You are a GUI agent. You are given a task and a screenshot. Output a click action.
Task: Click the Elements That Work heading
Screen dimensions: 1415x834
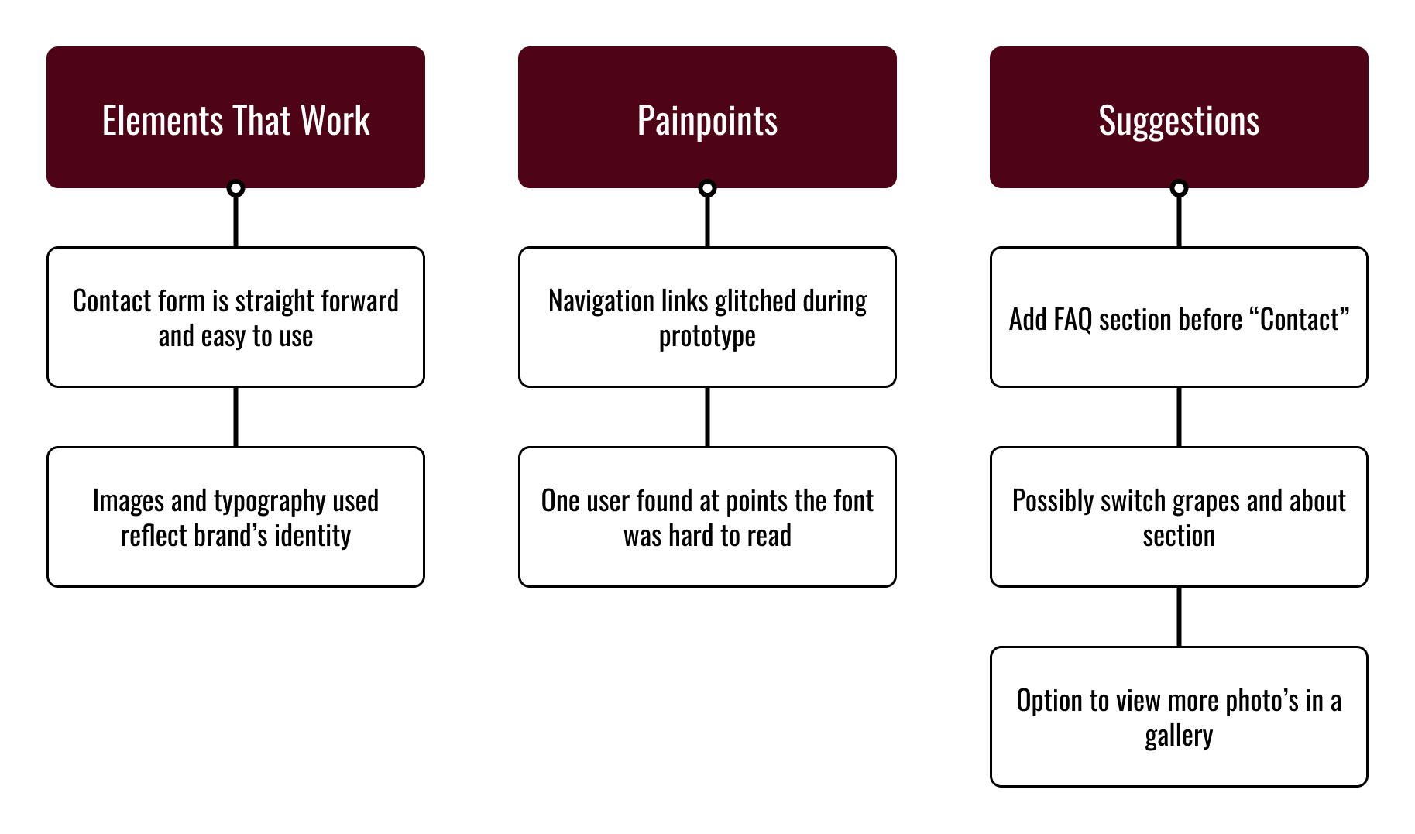[235, 121]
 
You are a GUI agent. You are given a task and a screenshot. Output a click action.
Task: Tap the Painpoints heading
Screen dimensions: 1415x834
[707, 121]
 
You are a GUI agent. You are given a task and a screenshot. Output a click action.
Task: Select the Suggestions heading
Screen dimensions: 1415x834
[1179, 121]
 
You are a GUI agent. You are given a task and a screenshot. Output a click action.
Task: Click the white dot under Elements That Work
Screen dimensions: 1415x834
[235, 187]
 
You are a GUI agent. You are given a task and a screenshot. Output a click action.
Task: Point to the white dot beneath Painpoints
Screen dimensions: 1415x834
[707, 187]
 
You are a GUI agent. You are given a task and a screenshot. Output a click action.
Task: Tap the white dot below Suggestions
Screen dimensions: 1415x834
[1179, 187]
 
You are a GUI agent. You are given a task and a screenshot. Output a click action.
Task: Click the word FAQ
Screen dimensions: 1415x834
[1073, 319]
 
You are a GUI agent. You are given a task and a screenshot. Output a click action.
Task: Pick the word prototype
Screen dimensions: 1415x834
[707, 337]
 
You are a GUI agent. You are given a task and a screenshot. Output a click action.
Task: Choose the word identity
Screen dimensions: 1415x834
[312, 536]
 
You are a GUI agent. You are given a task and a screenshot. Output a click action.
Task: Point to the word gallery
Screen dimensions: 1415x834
[1179, 736]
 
